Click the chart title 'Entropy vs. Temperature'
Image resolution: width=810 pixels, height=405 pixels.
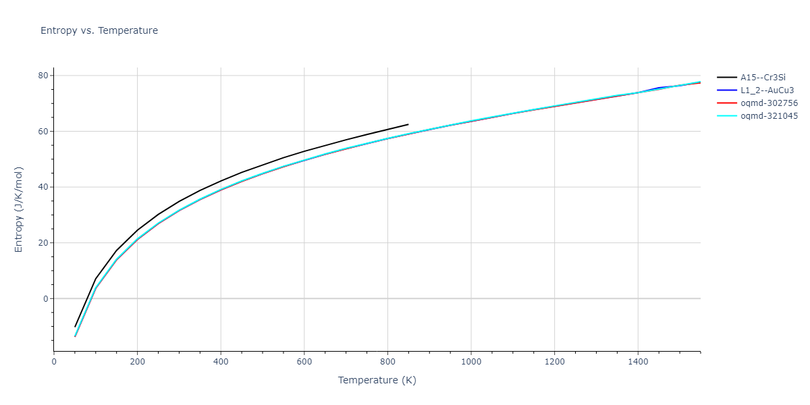click(99, 30)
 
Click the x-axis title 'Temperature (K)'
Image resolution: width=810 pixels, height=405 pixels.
click(377, 380)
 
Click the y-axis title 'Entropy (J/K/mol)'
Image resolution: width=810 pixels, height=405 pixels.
click(19, 209)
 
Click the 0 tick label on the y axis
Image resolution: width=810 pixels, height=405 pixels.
click(45, 298)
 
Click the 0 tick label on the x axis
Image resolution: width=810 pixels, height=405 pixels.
click(54, 362)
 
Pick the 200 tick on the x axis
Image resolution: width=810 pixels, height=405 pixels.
click(137, 362)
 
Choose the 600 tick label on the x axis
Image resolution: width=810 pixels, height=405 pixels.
click(304, 362)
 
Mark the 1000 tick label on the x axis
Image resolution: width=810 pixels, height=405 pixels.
click(470, 362)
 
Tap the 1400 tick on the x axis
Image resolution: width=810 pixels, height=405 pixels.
click(637, 362)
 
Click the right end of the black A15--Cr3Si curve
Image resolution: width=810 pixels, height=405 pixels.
click(408, 124)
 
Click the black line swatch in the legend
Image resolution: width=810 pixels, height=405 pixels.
click(727, 78)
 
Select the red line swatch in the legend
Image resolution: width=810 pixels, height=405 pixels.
click(727, 103)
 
